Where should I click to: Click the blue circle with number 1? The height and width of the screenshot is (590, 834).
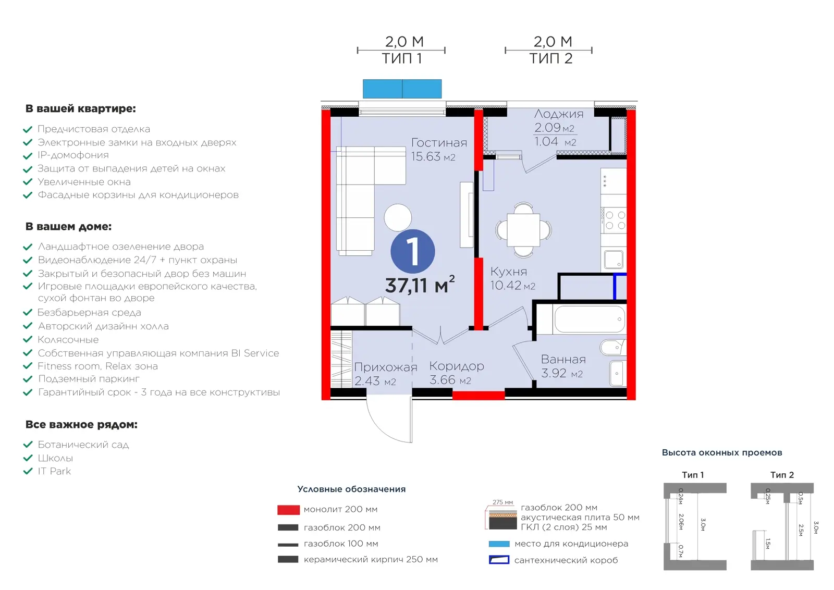point(412,251)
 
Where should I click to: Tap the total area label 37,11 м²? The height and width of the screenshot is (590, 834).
point(420,285)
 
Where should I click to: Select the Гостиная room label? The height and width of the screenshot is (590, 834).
point(439,143)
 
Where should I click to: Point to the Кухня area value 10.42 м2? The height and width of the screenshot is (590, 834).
point(513,286)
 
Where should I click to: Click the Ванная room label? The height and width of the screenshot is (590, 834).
point(563,359)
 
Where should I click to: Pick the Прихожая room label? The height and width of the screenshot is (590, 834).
point(385,367)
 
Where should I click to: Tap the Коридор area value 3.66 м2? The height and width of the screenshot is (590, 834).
point(450,380)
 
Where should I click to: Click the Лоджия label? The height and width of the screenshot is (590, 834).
point(559,114)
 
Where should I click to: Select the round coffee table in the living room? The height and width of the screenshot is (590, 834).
point(398,218)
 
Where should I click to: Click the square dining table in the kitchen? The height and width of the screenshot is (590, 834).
point(523,230)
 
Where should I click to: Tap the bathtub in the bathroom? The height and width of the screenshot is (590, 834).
point(590,319)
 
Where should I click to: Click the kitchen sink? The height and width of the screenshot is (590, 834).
point(614,260)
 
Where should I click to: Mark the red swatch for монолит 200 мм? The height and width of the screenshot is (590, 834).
point(289,510)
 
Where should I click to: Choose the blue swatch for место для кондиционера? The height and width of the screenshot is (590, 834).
point(499,544)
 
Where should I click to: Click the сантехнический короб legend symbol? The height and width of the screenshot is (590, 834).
point(499,560)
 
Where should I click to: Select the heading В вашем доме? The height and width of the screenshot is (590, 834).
point(68,227)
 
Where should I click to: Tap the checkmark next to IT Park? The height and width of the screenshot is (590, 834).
point(28,471)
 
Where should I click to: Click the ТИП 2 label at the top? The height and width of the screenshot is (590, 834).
point(550,58)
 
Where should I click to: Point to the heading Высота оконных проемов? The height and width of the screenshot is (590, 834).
point(722,452)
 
